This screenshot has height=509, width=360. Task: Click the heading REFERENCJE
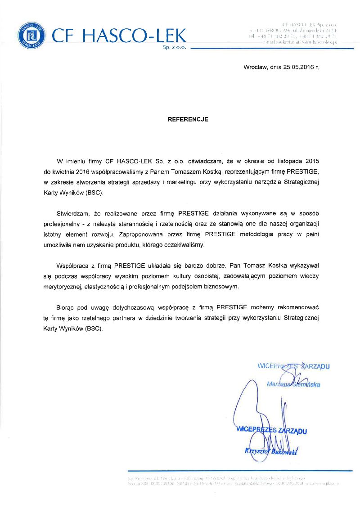coord(188,120)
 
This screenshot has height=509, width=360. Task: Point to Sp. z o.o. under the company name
coord(175,47)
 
